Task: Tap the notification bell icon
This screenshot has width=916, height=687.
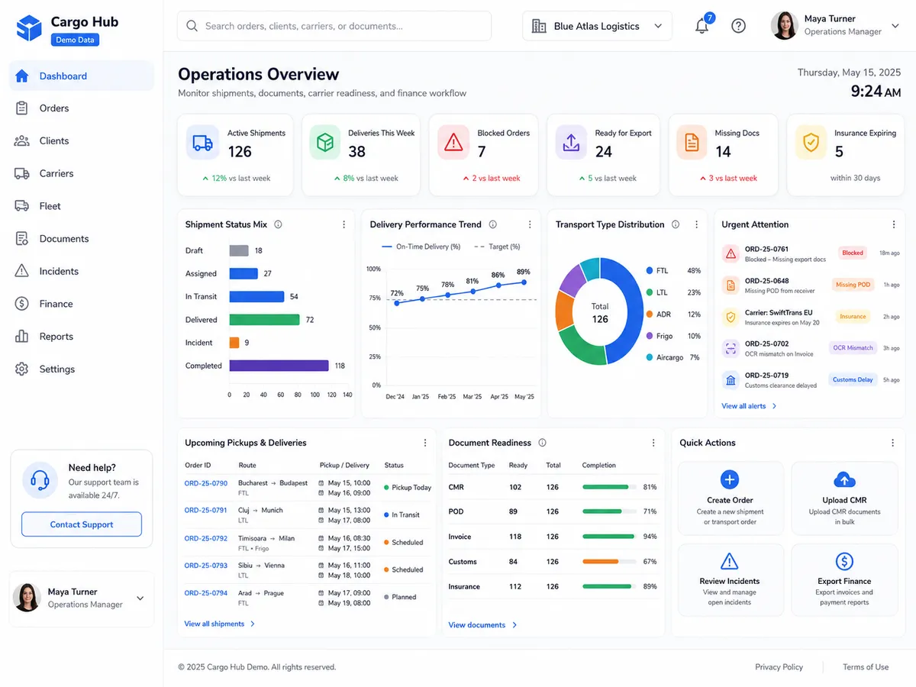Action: pos(702,26)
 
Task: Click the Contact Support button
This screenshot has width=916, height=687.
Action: pos(82,524)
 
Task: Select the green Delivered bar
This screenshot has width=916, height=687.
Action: pos(264,320)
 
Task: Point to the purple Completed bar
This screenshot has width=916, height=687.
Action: pos(279,366)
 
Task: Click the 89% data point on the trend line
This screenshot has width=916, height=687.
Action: pos(524,282)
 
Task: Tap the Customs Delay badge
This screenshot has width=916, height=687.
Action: pos(853,379)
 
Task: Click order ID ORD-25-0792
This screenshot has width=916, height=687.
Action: pos(206,538)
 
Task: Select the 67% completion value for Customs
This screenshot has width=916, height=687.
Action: pos(650,562)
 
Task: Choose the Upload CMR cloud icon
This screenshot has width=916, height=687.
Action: pos(844,479)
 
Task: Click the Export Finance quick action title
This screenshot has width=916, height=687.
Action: pos(844,581)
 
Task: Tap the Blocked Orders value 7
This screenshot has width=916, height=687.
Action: pos(482,151)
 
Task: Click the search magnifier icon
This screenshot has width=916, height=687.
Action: pos(192,26)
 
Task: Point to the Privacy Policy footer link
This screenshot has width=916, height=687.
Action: pos(779,667)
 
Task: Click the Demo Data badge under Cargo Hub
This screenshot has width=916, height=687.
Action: pos(75,40)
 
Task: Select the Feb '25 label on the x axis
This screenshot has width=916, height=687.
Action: pos(447,396)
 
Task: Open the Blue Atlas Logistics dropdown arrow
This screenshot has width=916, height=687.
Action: pos(658,26)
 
